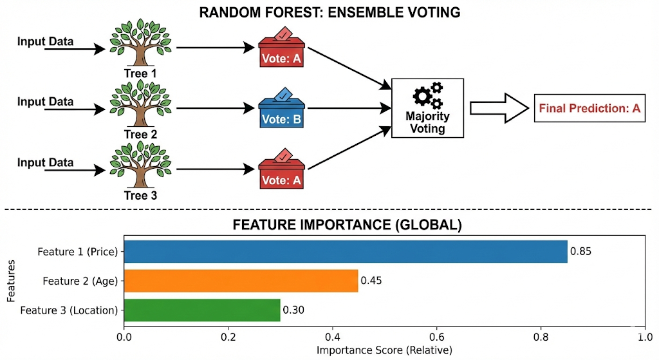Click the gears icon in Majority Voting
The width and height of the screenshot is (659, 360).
428,96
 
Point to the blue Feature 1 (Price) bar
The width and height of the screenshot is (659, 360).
346,252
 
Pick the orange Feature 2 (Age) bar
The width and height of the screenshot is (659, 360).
241,281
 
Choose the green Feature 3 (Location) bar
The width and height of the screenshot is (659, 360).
202,310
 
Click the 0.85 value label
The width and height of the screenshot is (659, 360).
580,252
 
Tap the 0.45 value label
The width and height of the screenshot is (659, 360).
371,281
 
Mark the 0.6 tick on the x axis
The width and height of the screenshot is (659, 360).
436,336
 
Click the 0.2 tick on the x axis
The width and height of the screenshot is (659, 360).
228,336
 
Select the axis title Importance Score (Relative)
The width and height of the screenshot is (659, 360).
384,350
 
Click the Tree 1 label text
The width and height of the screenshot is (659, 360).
140,73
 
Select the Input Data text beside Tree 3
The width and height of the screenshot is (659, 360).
45,162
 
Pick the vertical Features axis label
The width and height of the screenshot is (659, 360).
11,281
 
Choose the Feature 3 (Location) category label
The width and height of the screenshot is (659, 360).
70,310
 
